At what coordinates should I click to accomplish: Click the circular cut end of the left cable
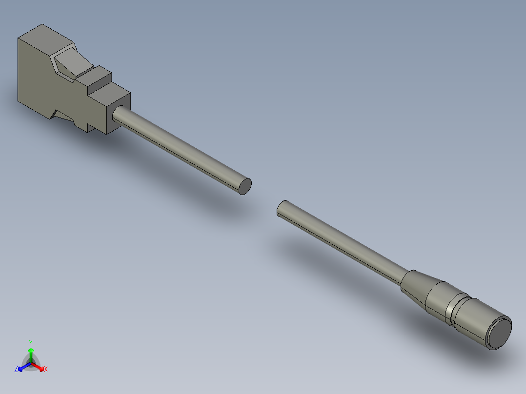coord(245,186)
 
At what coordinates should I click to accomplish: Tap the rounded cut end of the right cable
coord(282,208)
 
